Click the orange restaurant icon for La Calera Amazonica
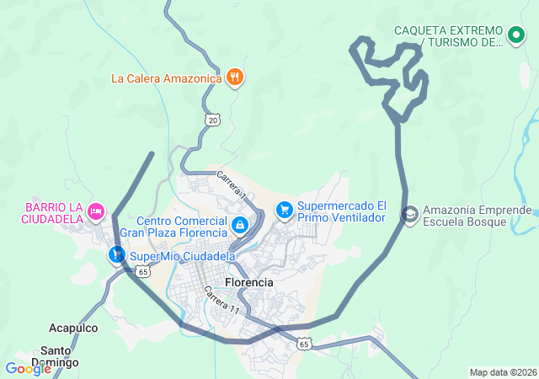pos(235,78)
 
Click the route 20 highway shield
pos(213,120)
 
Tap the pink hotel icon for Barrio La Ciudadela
pos(96,210)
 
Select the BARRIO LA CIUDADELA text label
pos(53,213)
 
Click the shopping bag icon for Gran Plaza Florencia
pos(240,225)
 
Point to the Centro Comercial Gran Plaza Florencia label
pos(173,227)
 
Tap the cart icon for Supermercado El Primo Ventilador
pos(285,208)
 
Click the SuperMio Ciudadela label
pos(182,255)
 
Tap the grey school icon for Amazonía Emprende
pos(409,215)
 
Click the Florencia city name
pos(249,282)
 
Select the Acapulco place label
pos(73,328)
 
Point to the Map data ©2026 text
pos(503,372)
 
